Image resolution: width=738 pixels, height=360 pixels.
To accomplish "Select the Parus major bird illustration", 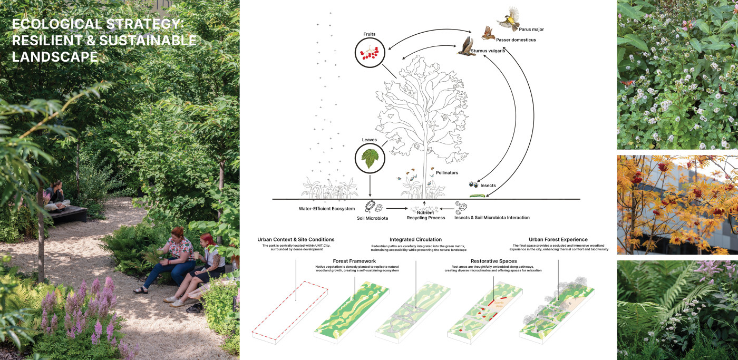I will coord(507,19).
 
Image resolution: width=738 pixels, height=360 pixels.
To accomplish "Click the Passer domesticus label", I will coord(515,40).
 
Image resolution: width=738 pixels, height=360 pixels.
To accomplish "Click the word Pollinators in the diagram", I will coord(447,172).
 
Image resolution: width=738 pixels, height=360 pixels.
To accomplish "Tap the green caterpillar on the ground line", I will coord(477,196).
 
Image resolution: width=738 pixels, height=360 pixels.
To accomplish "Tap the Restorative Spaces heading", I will coord(494,261).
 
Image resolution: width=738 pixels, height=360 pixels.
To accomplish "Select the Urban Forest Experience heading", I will coord(558,239).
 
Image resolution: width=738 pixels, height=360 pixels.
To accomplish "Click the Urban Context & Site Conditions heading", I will coord(296,239).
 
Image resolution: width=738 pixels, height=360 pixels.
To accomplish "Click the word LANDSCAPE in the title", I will coord(55,57).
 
